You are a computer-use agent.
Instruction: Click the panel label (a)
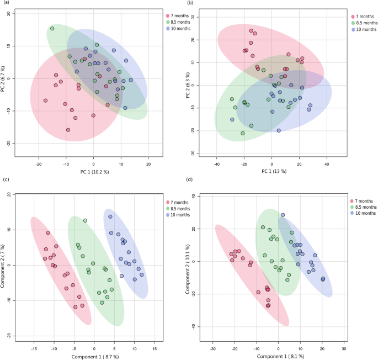click(5, 4)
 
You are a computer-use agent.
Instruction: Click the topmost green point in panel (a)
click(52, 28)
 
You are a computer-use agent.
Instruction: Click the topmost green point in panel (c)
click(86, 220)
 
